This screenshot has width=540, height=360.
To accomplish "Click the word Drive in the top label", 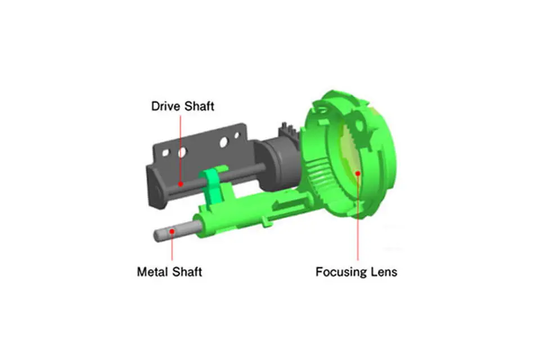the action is point(165,106).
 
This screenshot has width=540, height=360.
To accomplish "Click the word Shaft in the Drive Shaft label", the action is point(199,106).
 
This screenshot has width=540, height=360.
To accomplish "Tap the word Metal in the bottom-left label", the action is point(152,272).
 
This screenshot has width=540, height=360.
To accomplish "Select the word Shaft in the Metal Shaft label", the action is point(187,272).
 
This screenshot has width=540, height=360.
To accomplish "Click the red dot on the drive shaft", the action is point(181,184).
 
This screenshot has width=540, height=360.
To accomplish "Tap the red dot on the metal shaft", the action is point(172,231).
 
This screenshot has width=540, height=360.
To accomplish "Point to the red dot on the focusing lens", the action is point(358,173).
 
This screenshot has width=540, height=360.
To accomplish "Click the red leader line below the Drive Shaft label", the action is point(181,148).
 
